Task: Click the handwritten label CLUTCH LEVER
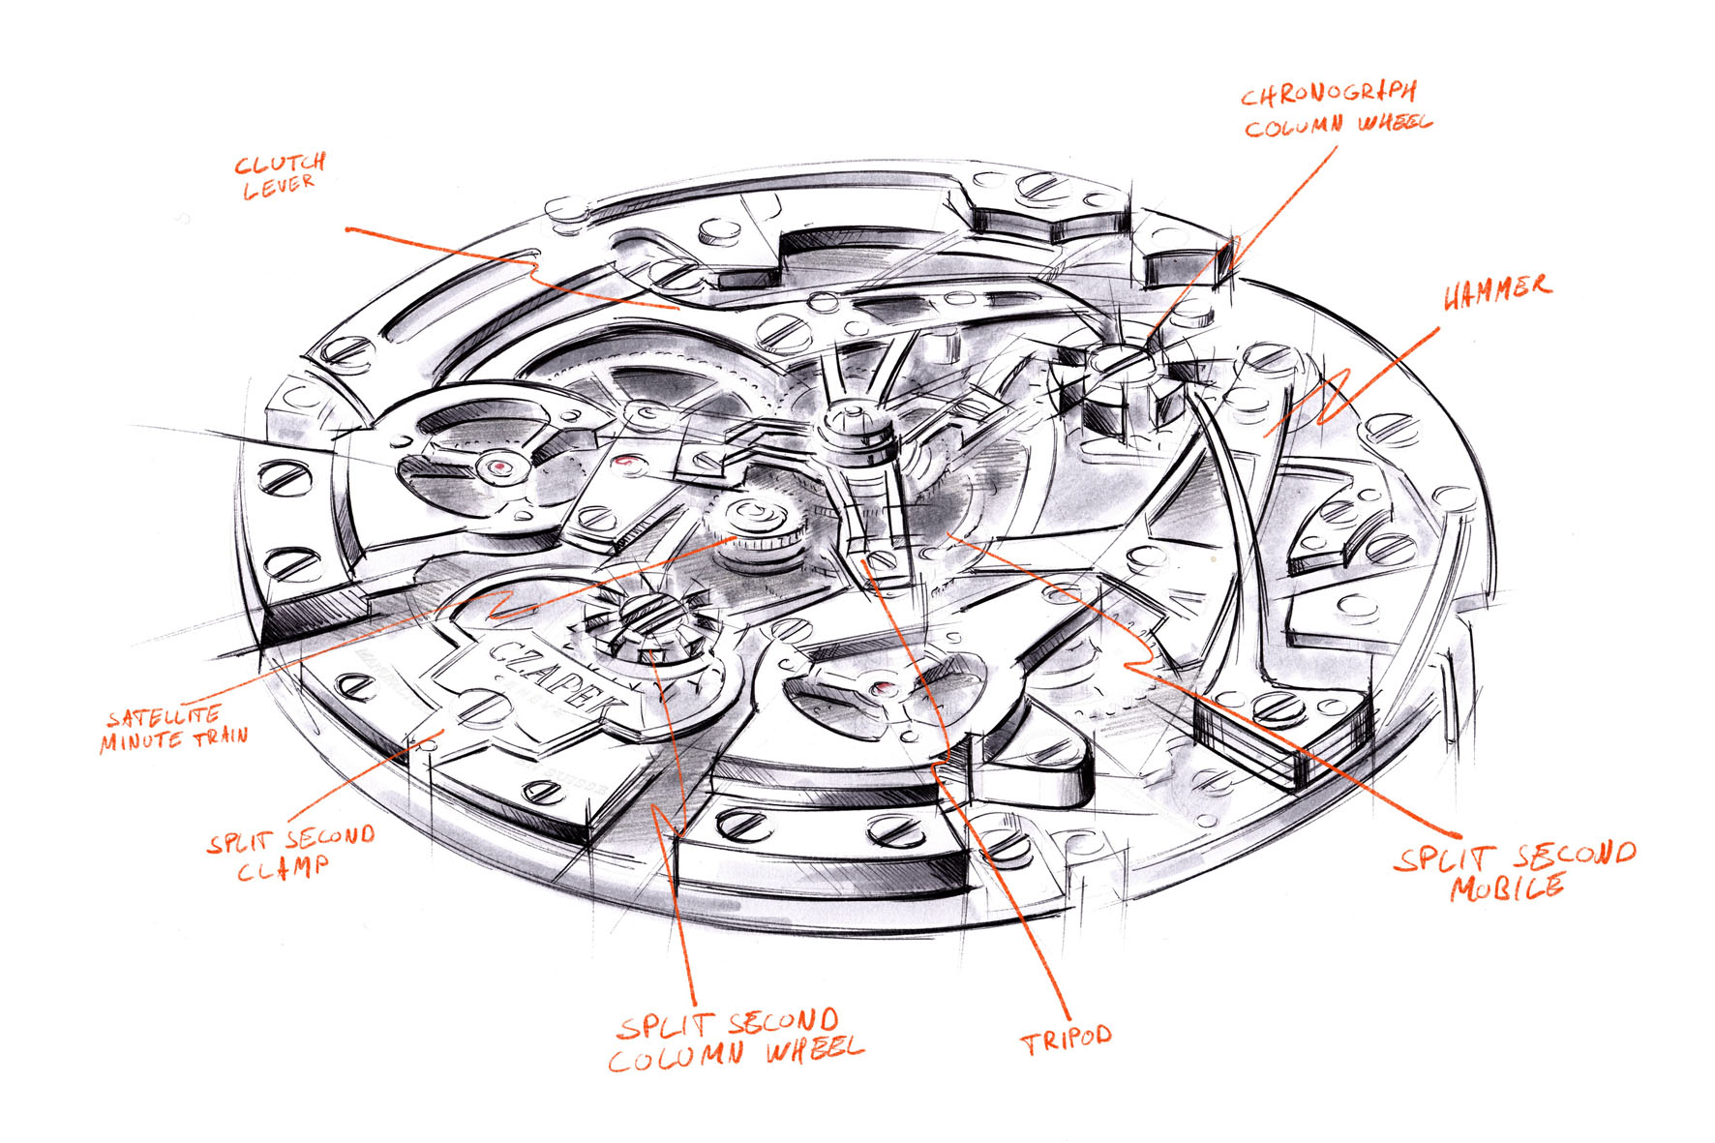coord(280,175)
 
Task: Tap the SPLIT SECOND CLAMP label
coord(289,853)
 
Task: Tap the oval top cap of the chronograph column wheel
coord(1114,359)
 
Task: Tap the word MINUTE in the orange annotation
coord(140,741)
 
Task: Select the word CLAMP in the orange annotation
coord(283,868)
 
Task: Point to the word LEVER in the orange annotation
coord(279,187)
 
